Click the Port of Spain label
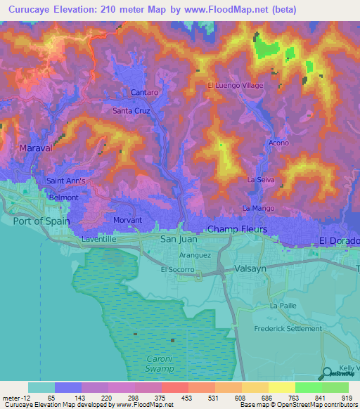coord(43,220)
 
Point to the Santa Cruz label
coord(131,110)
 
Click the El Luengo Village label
coord(235,85)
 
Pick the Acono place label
coord(280,143)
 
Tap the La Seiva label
coord(260,180)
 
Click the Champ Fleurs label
coord(236,229)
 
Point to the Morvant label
coord(127,220)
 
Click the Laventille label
coord(98,239)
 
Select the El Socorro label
coord(177,269)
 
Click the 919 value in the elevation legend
coord(347,398)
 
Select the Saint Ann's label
coord(65,181)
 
